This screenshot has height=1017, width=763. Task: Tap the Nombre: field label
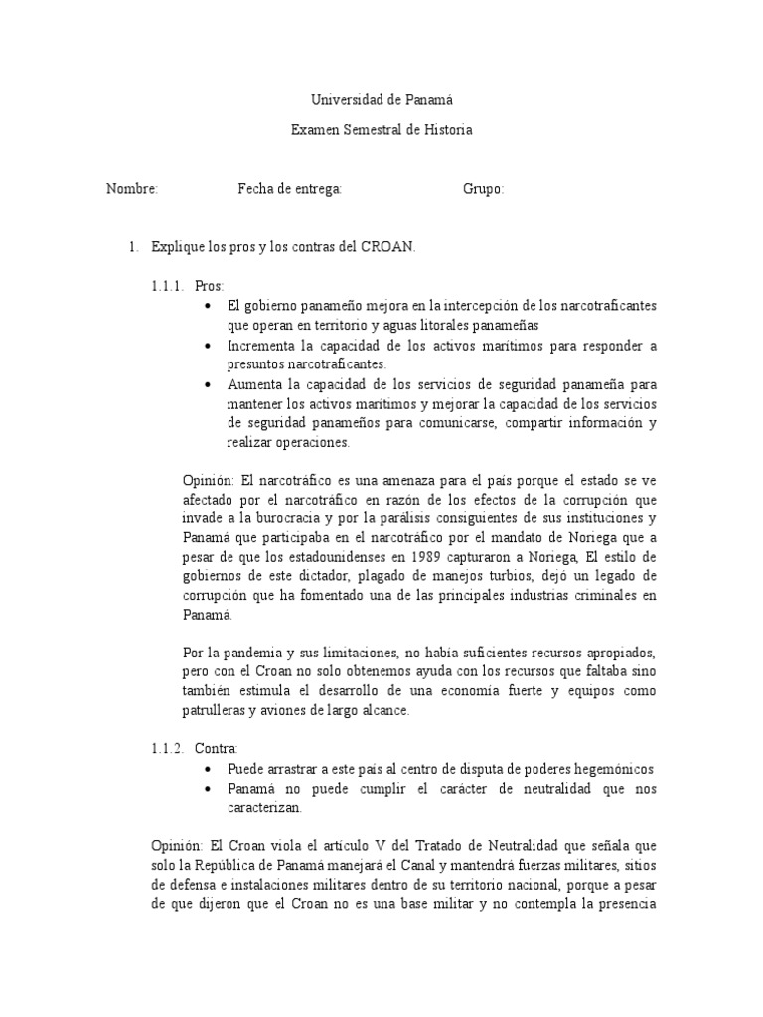[132, 189]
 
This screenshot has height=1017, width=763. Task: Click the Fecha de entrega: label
[290, 189]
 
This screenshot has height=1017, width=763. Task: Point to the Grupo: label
[484, 189]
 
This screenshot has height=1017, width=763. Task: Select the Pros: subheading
[210, 286]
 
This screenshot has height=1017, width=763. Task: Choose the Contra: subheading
[218, 748]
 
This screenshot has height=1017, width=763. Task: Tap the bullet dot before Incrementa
[207, 346]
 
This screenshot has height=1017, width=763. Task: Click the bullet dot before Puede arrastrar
[207, 769]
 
